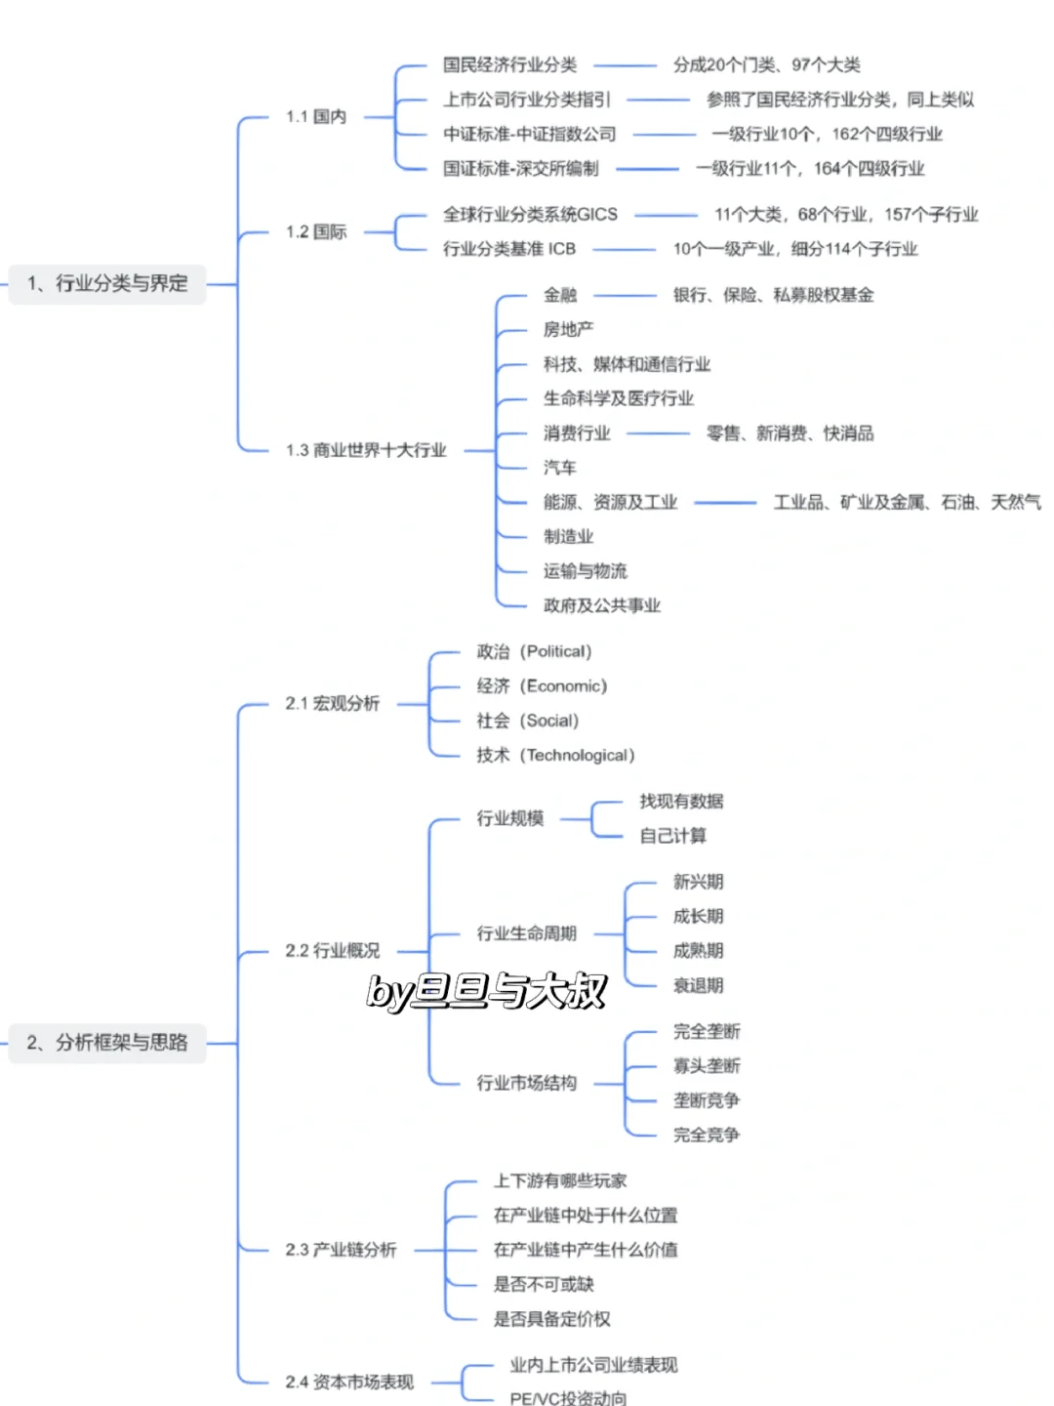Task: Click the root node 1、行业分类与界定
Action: [x=107, y=284]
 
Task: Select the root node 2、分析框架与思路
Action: [x=107, y=1043]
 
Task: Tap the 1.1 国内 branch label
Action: [x=315, y=117]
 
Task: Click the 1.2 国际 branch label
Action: [x=315, y=232]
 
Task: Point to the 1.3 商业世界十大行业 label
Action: [x=366, y=450]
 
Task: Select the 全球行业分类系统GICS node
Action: [x=530, y=215]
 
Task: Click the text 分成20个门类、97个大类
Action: [x=766, y=65]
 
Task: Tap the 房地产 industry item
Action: [x=568, y=330]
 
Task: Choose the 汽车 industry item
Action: [x=559, y=468]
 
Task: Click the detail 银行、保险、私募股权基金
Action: [x=773, y=295]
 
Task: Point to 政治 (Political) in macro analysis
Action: [x=534, y=652]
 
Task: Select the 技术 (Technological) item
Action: [x=555, y=756]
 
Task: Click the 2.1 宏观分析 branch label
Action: [x=332, y=704]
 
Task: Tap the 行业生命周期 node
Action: [x=526, y=934]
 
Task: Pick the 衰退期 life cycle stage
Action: [x=698, y=986]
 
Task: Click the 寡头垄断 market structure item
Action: [x=706, y=1066]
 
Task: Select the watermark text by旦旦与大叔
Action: [x=486, y=992]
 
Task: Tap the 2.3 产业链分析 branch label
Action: [x=341, y=1250]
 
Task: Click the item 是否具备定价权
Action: [x=551, y=1319]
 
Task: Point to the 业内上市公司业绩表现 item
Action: [x=593, y=1365]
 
